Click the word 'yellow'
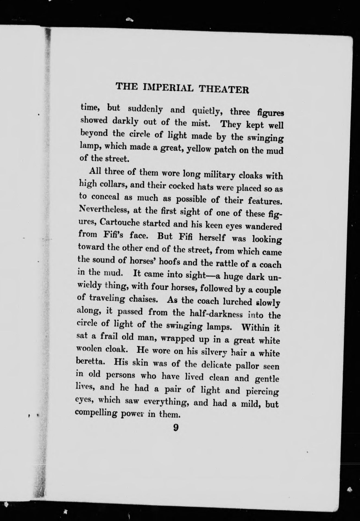click(198, 149)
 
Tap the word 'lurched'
click(240, 301)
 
